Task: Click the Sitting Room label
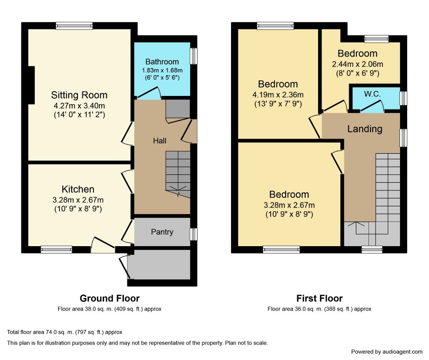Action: coord(79,95)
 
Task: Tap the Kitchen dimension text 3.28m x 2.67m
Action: coord(78,200)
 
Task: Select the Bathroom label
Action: coord(162,62)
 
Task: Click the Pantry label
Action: coord(162,232)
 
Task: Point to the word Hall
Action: coord(159,141)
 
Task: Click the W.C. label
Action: coord(372,94)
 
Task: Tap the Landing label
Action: coord(365,129)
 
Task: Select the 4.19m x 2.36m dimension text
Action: coord(278,94)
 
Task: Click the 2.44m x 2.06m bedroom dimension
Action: coord(357,64)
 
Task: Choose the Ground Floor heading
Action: coord(109,298)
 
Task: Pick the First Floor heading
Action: coord(320,298)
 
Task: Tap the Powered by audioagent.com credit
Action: coord(386,352)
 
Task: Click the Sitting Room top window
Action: coord(74,26)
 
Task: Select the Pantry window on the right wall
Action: coord(194,235)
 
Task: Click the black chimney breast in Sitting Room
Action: coord(31,85)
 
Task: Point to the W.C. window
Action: coord(403,98)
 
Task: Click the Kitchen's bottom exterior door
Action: coord(103,245)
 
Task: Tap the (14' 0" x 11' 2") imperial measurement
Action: coord(79,114)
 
